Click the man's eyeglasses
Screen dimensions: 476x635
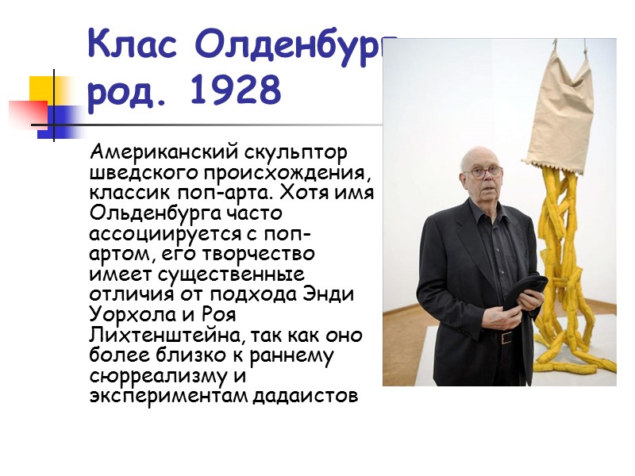click(484, 171)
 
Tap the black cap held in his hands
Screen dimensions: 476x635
click(526, 286)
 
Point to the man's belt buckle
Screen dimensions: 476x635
click(506, 337)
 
